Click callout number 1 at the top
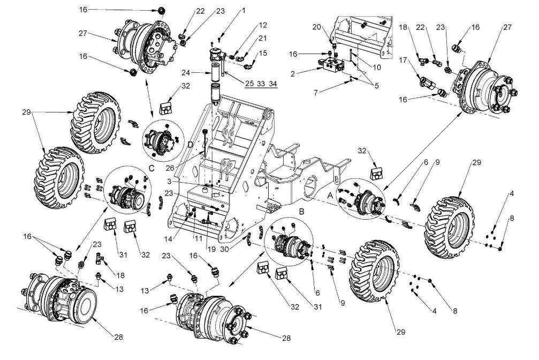coord(243,10)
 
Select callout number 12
coord(263,25)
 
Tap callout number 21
coord(263,38)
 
